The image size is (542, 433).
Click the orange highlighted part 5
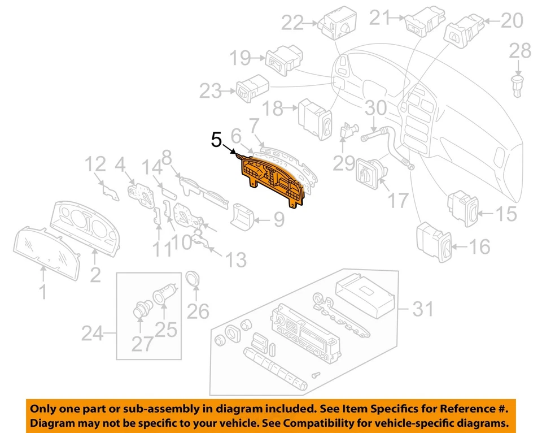click(271, 180)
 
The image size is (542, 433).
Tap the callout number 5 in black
click(216, 140)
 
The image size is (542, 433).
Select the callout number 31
click(423, 309)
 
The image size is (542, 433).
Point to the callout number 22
click(292, 23)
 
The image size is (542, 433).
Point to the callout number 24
click(92, 334)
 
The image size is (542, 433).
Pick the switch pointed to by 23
click(251, 88)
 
